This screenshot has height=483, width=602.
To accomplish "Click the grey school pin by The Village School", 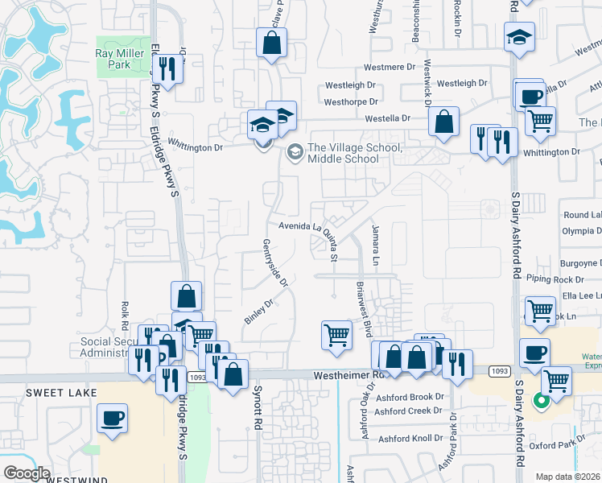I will (295, 151).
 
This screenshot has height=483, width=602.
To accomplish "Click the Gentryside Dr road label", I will (274, 262).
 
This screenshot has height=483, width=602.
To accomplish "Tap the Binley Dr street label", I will (258, 312).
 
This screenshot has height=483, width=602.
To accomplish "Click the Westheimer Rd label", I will (353, 374).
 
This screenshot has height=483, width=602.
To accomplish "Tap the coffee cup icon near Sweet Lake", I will (112, 418).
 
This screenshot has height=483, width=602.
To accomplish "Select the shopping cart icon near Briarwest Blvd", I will (336, 334).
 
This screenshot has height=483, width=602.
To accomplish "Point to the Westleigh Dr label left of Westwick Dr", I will (349, 85).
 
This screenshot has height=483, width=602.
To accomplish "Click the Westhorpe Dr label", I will (350, 102).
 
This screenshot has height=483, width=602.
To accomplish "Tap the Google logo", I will (27, 473).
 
